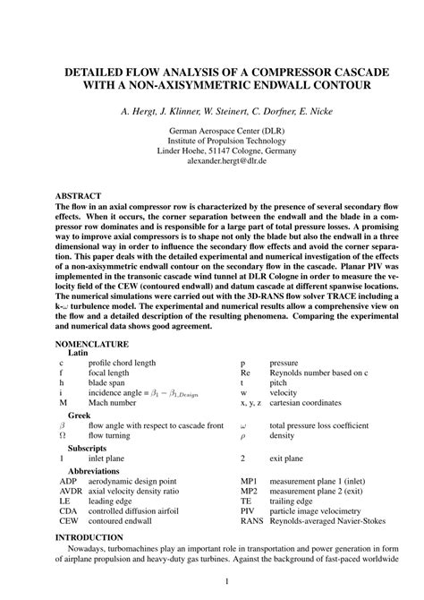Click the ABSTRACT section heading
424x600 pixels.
[x=78, y=194]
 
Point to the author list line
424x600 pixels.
[x=212, y=112]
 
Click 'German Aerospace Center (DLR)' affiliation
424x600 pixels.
[x=212, y=131]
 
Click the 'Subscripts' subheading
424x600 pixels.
[x=87, y=447]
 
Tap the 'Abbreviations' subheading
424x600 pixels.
[x=93, y=470]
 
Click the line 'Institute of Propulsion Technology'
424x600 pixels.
[x=212, y=142]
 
